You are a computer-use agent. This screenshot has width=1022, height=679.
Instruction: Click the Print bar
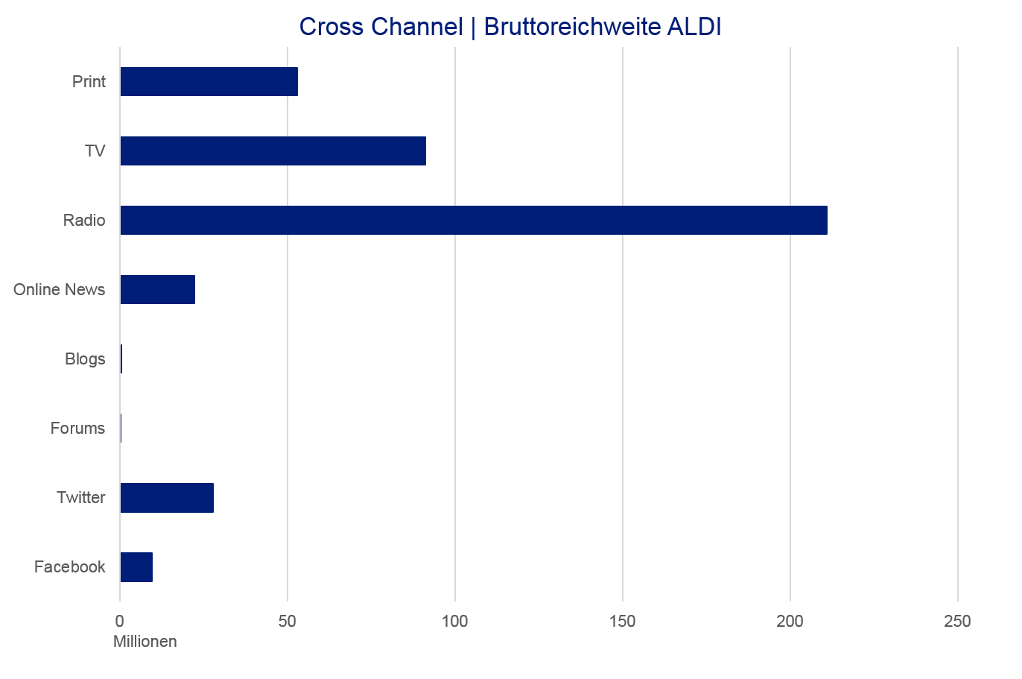click(209, 81)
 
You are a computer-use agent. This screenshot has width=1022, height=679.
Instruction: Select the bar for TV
click(273, 151)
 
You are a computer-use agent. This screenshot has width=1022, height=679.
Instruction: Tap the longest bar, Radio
click(473, 220)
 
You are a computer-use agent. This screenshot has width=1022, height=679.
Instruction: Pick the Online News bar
click(157, 289)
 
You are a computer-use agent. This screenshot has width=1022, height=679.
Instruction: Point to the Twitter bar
click(167, 497)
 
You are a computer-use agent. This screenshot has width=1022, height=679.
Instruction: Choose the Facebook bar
click(136, 567)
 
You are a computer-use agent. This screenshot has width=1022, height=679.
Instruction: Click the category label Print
click(89, 81)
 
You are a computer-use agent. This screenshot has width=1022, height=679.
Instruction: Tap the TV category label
click(95, 151)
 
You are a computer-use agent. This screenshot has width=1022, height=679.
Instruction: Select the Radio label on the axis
click(84, 221)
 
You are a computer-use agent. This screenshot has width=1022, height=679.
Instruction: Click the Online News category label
click(60, 289)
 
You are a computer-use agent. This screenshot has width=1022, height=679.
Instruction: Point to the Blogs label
click(85, 359)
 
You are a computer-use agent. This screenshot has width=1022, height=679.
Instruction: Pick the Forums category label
click(77, 429)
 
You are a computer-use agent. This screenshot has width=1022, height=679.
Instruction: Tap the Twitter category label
click(81, 497)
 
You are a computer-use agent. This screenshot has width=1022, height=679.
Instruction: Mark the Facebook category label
click(70, 567)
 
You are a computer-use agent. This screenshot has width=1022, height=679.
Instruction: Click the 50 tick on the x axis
click(288, 621)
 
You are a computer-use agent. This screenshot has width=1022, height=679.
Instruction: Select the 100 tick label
click(455, 621)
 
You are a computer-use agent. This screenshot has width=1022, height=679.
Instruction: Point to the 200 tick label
click(790, 621)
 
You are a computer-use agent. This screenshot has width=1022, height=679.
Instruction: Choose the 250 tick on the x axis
click(958, 621)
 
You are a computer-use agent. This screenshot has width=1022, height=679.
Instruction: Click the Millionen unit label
click(145, 642)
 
